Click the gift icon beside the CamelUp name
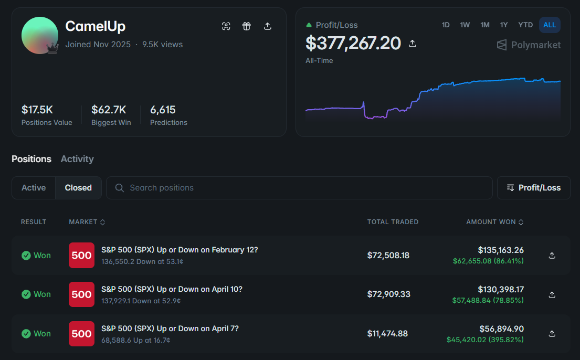point(246,26)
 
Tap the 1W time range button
point(465,25)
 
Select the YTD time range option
point(525,25)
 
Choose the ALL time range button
point(550,25)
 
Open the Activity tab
point(77,158)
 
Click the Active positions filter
point(34,187)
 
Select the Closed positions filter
point(78,187)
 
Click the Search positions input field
point(299,187)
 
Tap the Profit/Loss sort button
point(533,187)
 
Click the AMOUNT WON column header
point(494,222)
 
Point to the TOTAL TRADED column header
point(393,222)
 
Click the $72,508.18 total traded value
point(388,255)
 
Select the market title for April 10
point(172,289)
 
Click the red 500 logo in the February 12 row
point(81,255)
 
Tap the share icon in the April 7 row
point(552,334)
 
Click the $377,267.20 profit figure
point(353,43)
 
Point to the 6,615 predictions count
point(163,110)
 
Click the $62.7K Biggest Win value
point(109,110)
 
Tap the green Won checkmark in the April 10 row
point(26,294)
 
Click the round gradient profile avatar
point(40,36)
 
